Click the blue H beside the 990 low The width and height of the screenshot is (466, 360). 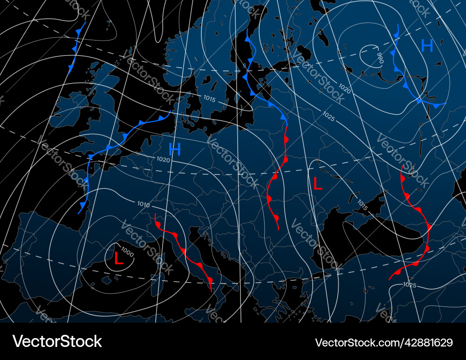pos(427,45)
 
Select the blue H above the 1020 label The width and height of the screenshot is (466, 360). pos(175,149)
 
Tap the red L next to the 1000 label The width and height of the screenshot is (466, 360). pos(119,258)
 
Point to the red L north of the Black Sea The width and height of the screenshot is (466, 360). pos(317,184)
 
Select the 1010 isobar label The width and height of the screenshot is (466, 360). pos(144,204)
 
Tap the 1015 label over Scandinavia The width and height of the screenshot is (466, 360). pos(209,98)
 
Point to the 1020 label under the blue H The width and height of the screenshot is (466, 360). pos(163,159)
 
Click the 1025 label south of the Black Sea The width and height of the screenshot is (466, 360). pos(410,285)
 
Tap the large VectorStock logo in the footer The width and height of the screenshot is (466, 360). pos(57,341)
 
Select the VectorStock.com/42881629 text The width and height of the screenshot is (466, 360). pos(384,343)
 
